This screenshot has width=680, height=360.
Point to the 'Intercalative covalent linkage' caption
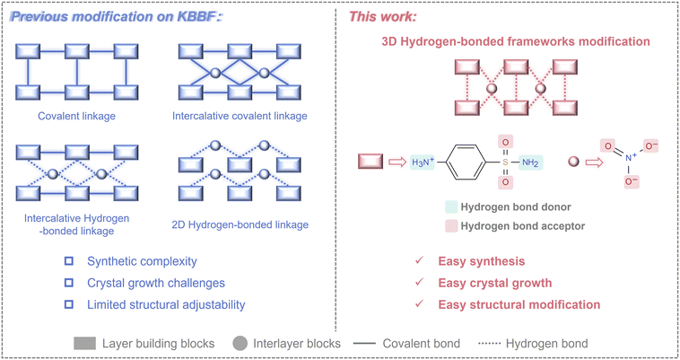coord(240,116)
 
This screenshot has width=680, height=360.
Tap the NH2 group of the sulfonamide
coord(531,162)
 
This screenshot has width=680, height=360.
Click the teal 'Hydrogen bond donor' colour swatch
coord(451,207)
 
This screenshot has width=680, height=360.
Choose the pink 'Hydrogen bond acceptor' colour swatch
coord(451,226)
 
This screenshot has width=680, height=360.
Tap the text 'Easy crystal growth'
coord(494,284)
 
